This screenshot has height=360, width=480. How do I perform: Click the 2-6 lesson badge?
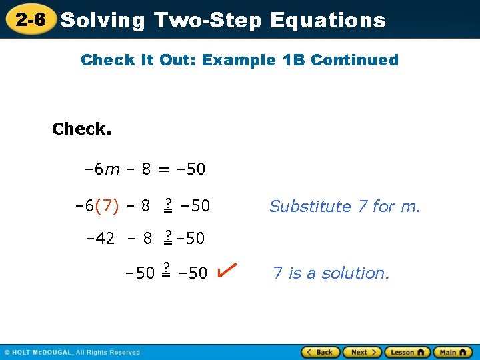[x=31, y=19]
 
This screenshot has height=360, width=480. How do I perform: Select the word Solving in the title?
[x=103, y=20]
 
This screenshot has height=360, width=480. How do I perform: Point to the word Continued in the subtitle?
[x=355, y=60]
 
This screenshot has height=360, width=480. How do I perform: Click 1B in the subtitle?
[x=293, y=60]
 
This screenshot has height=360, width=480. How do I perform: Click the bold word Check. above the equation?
[x=82, y=129]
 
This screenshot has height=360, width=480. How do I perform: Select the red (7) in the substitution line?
[x=107, y=207]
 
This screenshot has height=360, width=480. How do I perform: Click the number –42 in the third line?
[x=101, y=238]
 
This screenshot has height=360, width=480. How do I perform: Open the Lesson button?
[x=407, y=352]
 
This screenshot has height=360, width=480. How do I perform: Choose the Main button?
[x=452, y=352]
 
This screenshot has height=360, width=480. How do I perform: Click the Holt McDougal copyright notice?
[x=72, y=352]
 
